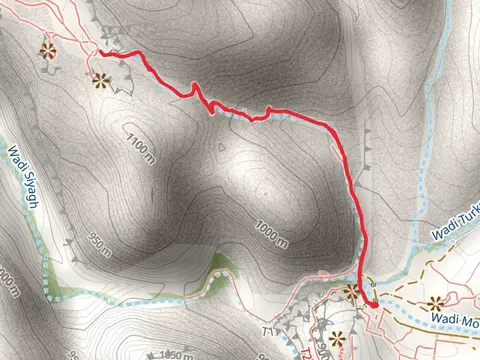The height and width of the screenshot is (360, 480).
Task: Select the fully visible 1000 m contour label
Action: click(x=271, y=233)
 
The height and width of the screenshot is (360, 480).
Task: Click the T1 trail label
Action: click(x=267, y=330)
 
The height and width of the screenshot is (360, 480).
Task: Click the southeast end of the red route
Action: click(x=369, y=303)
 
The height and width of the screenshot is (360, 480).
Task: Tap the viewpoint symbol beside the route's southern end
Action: click(x=352, y=291)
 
